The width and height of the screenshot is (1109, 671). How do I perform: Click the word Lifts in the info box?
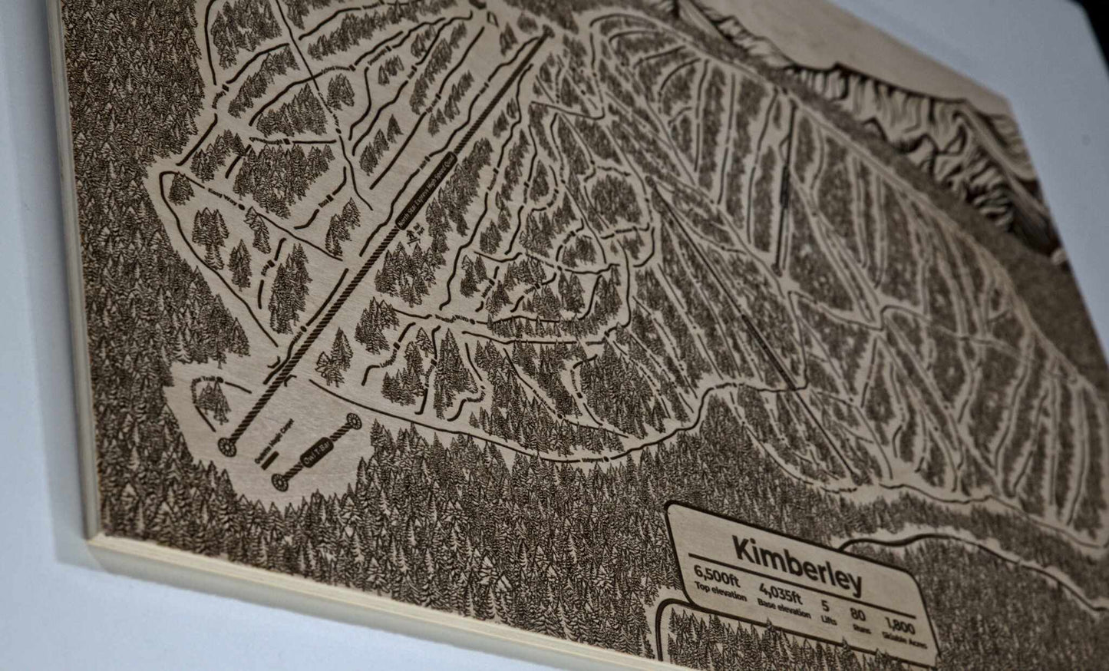click(x=827, y=616)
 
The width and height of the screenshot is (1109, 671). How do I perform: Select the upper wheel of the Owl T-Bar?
click(x=353, y=421)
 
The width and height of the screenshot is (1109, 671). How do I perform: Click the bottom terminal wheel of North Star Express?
click(x=228, y=444)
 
